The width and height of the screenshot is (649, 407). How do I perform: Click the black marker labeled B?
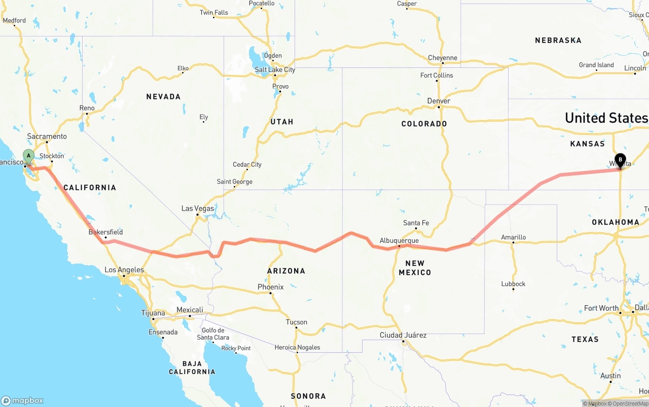pyautogui.click(x=620, y=160)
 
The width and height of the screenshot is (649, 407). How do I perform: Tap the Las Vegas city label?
pyautogui.click(x=198, y=208)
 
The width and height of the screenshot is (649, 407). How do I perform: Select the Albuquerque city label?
pyautogui.click(x=399, y=240)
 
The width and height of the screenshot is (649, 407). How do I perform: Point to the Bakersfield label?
pyautogui.click(x=105, y=232)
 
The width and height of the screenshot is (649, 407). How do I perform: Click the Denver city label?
pyautogui.click(x=439, y=101)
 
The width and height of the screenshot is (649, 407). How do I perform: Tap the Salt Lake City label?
pyautogui.click(x=275, y=70)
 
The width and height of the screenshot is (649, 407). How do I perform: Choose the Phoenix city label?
pyautogui.click(x=270, y=287)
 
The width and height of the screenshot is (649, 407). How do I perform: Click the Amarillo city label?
pyautogui.click(x=513, y=237)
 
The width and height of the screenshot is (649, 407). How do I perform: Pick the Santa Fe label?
pyautogui.click(x=416, y=223)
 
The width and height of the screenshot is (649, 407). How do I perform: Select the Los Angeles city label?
pyautogui.click(x=124, y=270)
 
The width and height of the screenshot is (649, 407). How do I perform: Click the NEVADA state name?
pyautogui.click(x=163, y=96)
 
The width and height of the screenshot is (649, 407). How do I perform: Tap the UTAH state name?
pyautogui.click(x=282, y=122)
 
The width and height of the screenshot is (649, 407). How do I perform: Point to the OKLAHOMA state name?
pyautogui.click(x=615, y=222)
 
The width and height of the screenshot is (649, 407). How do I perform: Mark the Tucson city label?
pyautogui.click(x=296, y=322)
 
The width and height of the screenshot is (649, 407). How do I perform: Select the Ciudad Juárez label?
pyautogui.click(x=403, y=335)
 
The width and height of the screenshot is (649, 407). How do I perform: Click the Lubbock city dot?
pyautogui.click(x=513, y=289)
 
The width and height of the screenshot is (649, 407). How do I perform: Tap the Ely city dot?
pyautogui.click(x=203, y=122)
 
